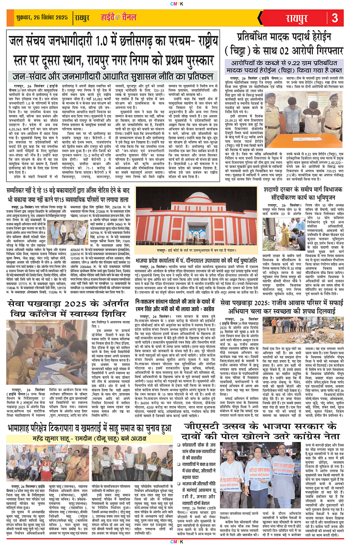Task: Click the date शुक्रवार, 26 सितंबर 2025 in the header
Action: [36, 19]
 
